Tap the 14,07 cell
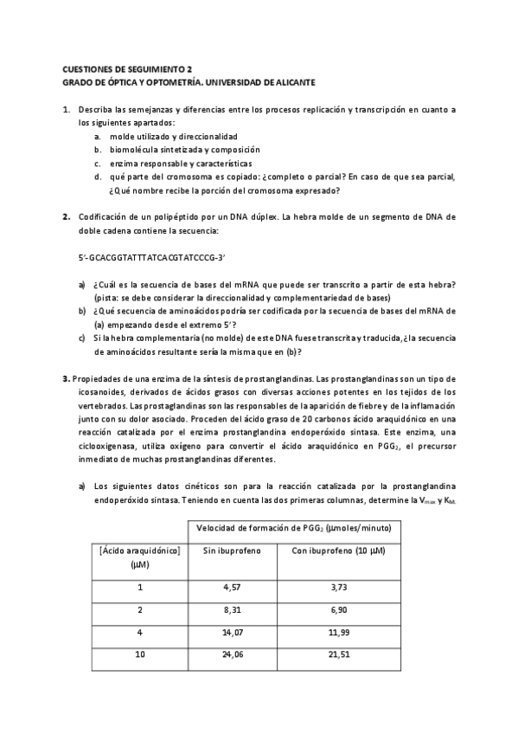233,633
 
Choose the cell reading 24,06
233,655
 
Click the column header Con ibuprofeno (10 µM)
339,550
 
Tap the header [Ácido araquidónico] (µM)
139,557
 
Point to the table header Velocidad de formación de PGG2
294,527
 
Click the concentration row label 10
140,655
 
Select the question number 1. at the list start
66,111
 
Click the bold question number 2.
66,216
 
